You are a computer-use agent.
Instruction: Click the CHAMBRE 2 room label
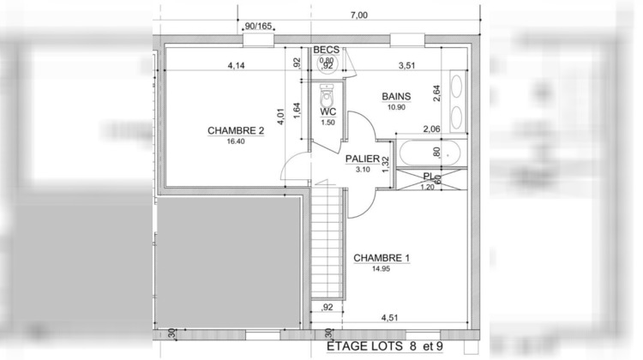(235, 131)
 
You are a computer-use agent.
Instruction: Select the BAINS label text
(396, 97)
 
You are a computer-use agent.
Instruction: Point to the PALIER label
(363, 159)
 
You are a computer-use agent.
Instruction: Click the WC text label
(328, 112)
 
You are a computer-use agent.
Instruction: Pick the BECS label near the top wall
(327, 50)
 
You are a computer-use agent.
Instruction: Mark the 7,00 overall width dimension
(358, 15)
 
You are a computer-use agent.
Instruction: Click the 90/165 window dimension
(258, 27)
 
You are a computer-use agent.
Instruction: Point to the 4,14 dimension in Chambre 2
(237, 65)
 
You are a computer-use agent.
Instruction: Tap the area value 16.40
(236, 141)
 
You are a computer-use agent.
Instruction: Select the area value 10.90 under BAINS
(396, 107)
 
